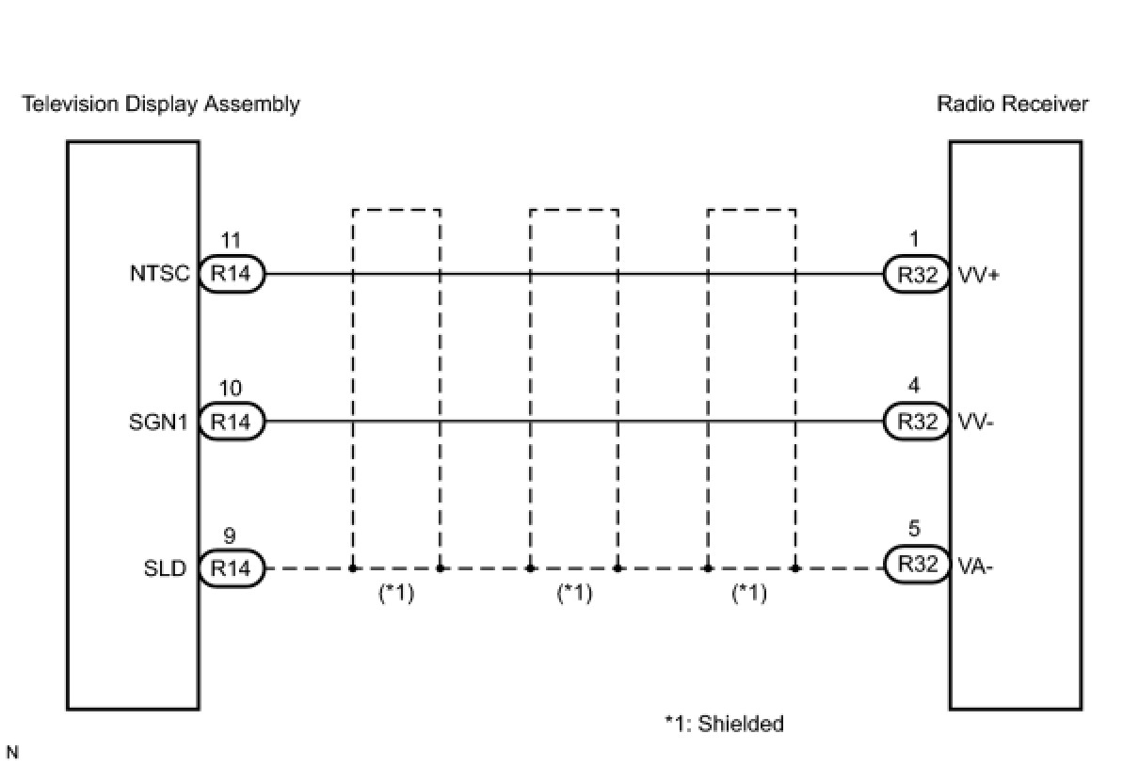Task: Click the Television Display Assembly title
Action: [x=161, y=104]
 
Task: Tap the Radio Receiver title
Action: [x=1012, y=104]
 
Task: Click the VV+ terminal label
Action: [x=977, y=276]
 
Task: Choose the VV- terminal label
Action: [x=975, y=423]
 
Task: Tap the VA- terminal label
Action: [x=974, y=568]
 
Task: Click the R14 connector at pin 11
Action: [x=232, y=275]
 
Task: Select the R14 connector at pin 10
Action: [x=232, y=423]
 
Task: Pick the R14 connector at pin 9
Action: [x=232, y=568]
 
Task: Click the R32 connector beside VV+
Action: [x=916, y=275]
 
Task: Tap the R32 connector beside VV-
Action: [x=916, y=423]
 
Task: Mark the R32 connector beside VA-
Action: [x=916, y=566]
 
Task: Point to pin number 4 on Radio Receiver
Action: [x=915, y=386]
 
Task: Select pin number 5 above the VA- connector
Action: [x=915, y=530]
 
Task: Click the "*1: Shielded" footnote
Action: [x=724, y=724]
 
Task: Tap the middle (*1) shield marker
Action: [x=574, y=594]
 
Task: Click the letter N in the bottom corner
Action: [x=12, y=752]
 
